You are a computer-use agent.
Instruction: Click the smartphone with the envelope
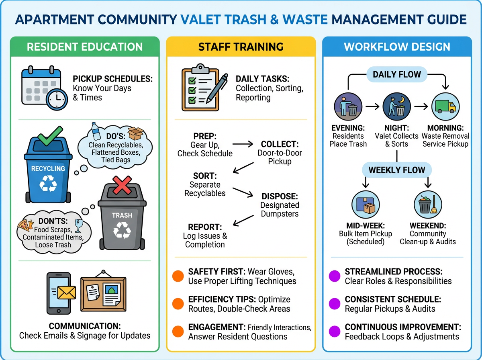coord(58,293)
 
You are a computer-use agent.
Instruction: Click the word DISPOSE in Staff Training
coord(280,196)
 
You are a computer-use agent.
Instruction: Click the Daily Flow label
coord(396,74)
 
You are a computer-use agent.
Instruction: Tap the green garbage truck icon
coord(445,107)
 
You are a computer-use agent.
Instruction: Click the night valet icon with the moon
coord(396,107)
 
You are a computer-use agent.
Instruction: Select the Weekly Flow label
coord(396,170)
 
